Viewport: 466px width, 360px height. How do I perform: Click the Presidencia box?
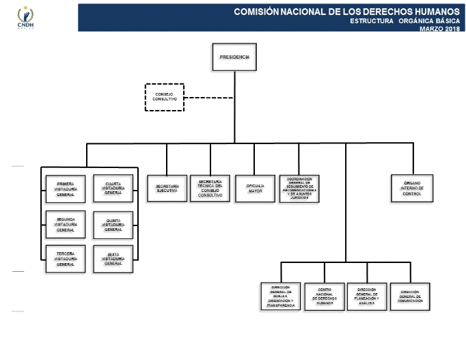tap(234, 57)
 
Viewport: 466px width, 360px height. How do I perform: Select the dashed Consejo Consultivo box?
tap(165, 97)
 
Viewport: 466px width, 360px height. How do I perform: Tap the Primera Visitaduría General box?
tap(66, 189)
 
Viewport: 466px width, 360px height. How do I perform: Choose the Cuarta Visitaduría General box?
tap(113, 189)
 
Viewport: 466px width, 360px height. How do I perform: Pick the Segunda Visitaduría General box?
tap(66, 224)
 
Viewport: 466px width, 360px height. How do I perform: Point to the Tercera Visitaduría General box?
tap(66, 259)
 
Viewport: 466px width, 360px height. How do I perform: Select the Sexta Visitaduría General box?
tap(113, 259)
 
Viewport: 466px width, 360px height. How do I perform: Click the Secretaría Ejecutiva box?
tap(167, 189)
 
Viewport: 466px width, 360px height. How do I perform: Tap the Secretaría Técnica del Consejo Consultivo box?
tap(210, 189)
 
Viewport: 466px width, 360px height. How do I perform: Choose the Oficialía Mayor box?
tap(255, 189)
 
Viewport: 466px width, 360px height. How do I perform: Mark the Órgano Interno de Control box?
tap(412, 189)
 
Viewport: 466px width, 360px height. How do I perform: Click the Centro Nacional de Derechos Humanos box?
tap(324, 297)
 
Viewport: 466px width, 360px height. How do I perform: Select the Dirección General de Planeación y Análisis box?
tap(366, 297)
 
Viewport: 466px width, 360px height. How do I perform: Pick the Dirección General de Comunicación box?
tap(411, 297)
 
